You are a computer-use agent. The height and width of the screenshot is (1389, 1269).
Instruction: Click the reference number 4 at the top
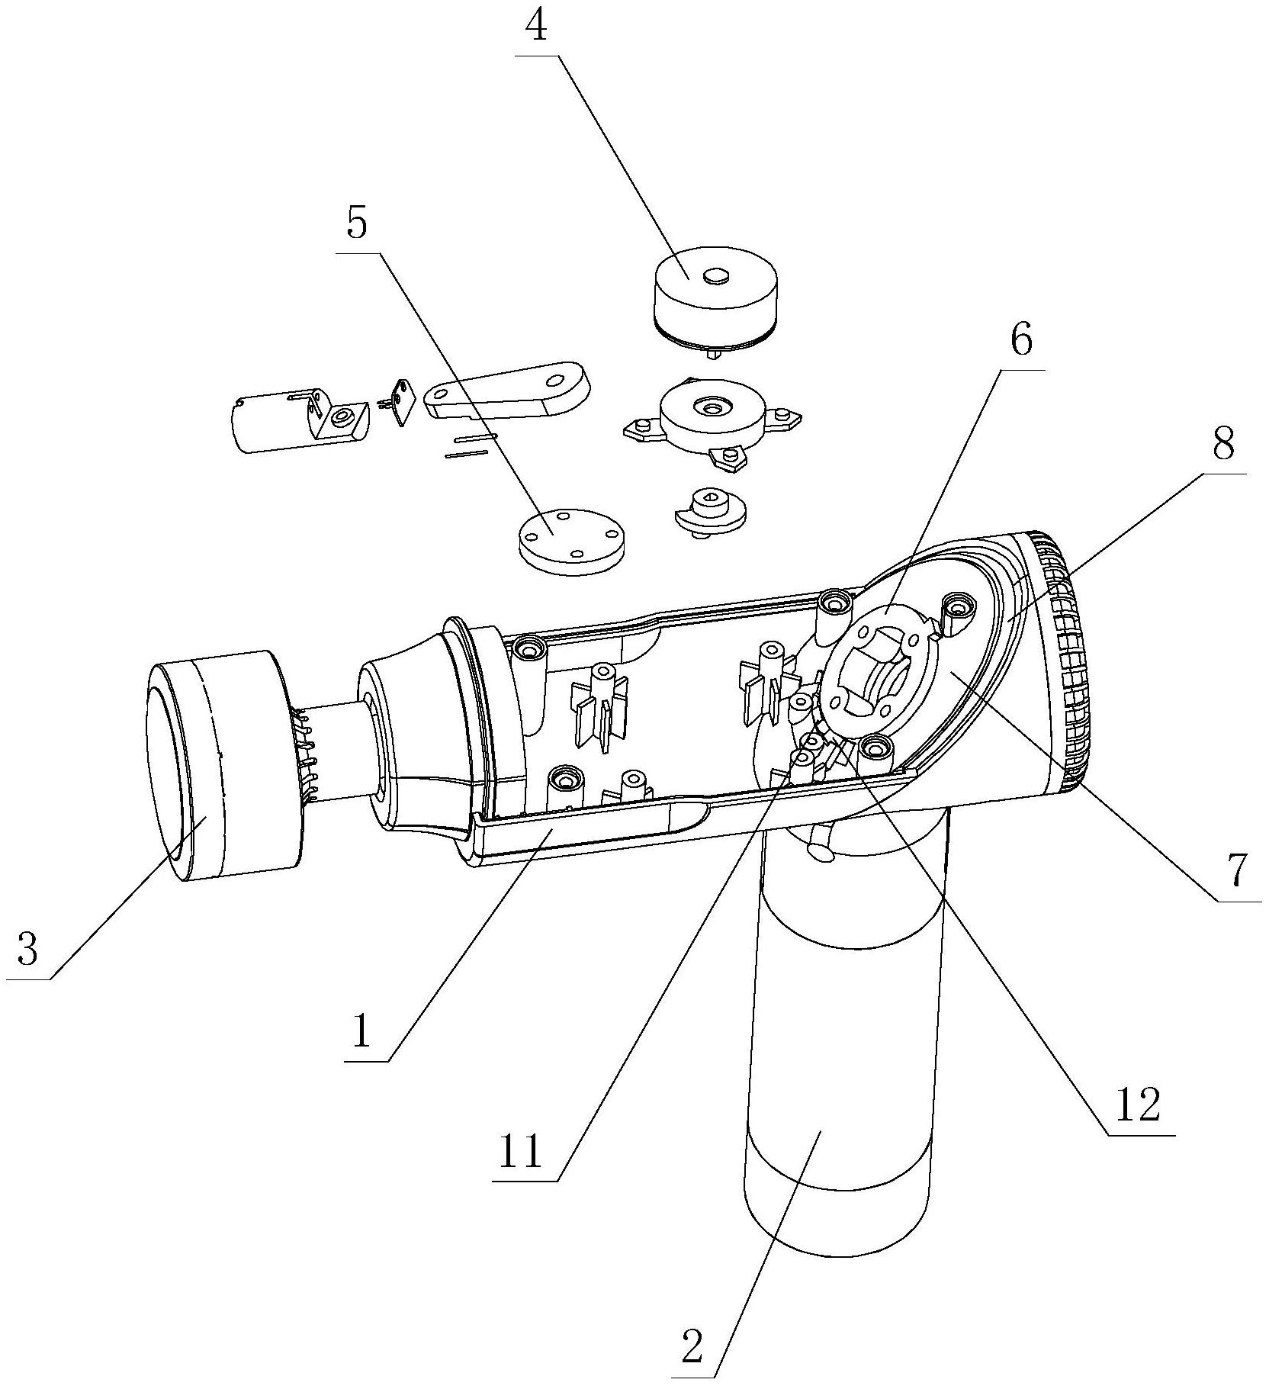pos(538,27)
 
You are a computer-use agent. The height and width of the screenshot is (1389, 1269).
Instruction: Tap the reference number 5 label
pos(356,223)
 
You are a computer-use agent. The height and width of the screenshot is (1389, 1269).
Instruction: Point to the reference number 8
pos(1222,443)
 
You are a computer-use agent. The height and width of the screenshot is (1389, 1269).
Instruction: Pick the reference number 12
pos(1137,1104)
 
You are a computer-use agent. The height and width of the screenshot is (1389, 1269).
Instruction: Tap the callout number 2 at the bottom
pos(692,1348)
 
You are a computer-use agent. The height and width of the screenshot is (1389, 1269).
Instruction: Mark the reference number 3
pos(27,950)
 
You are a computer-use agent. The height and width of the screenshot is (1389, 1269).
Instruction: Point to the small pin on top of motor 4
pos(715,277)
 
